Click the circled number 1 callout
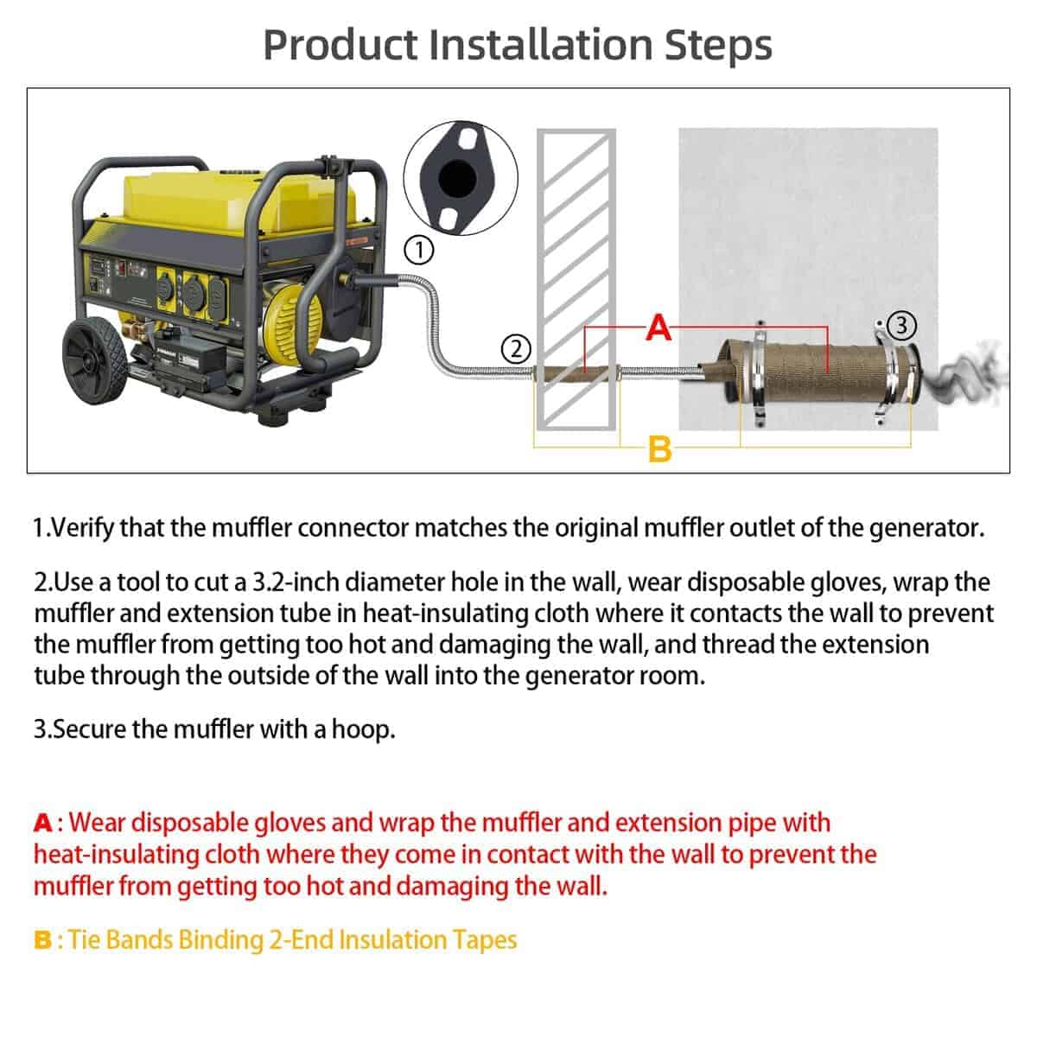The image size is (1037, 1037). (418, 250)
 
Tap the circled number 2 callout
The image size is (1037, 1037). (516, 349)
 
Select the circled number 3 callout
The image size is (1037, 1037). (901, 325)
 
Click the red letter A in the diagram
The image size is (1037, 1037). (658, 327)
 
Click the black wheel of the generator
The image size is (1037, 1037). (95, 360)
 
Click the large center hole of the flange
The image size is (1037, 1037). (457, 178)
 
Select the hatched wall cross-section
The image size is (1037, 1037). (576, 279)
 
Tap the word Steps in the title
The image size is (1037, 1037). (718, 46)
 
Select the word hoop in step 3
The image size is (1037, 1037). (363, 729)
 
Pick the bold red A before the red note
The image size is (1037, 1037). (43, 823)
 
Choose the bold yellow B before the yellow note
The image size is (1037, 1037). (42, 940)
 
